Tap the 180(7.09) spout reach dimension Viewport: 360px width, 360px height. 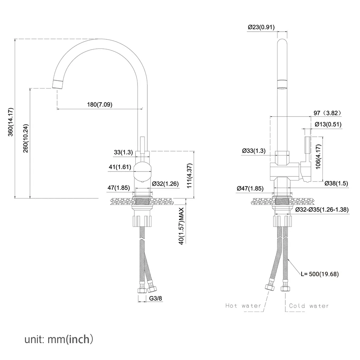100,104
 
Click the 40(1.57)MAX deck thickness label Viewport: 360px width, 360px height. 181,226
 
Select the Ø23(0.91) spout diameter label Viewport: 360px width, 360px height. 261,27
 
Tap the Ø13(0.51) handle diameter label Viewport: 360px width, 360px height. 328,124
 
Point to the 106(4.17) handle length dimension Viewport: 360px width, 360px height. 318,157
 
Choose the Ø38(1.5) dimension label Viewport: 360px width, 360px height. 336,183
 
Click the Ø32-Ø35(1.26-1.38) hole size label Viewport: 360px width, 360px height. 322,210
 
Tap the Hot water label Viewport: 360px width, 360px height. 243,306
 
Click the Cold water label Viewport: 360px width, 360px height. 309,306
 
